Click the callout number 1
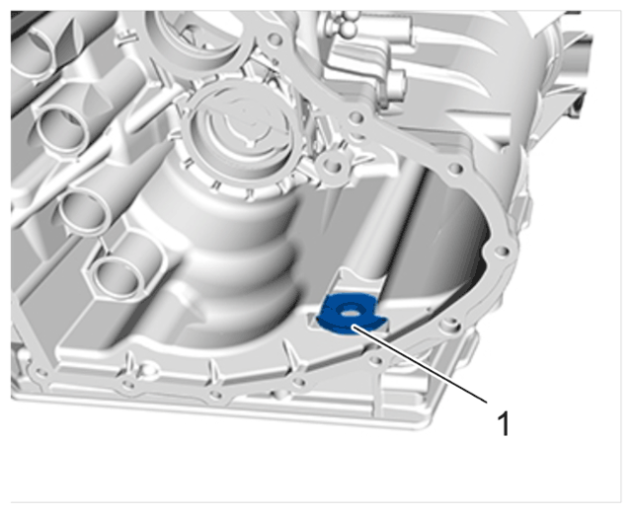point(504,423)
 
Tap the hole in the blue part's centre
point(349,311)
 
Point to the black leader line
point(419,364)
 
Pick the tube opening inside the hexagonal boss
point(115,277)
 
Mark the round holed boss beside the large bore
point(333,165)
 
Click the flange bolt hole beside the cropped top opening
point(275,39)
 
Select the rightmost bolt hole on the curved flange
point(503,252)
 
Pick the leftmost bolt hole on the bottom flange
point(40,373)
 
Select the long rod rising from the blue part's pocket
point(387,226)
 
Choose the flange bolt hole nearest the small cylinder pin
point(355,117)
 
